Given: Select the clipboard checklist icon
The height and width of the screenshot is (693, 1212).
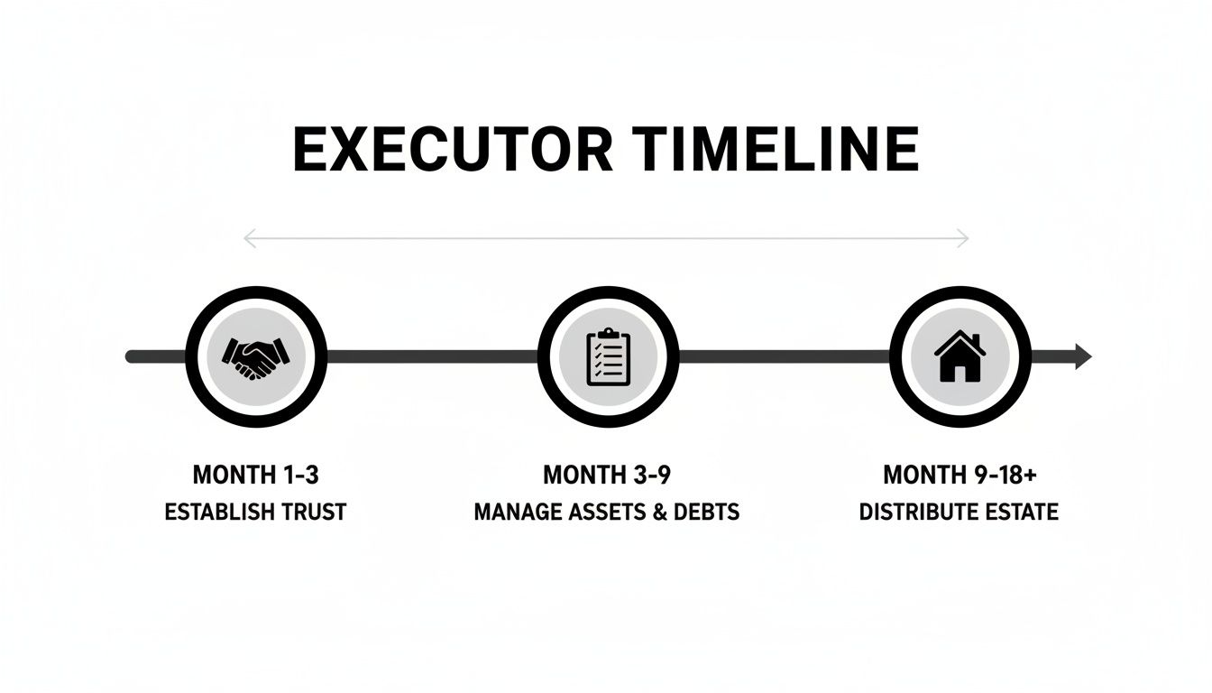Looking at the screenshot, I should coord(608,357).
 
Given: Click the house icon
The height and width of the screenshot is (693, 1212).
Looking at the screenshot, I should coord(959,357).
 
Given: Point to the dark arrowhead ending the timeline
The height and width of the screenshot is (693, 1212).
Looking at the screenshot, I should coord(1083,357).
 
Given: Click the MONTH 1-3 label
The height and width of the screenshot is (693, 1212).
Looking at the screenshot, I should coord(255,475).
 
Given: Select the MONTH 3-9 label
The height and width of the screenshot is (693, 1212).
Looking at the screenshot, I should coord(607,475).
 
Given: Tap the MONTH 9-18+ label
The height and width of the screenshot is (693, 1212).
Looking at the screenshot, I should coord(959,475).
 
